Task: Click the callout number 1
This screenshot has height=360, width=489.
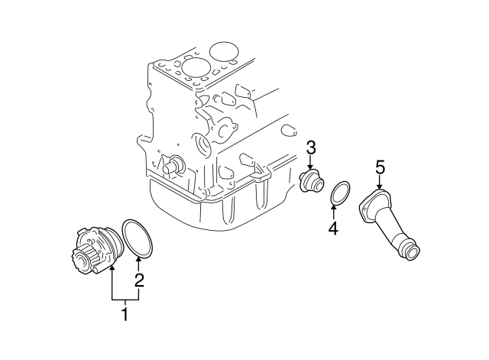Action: click(125, 313)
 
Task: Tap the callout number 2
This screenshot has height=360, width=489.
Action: click(139, 281)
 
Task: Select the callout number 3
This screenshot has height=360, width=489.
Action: click(311, 148)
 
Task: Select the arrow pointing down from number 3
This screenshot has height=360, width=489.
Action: click(311, 164)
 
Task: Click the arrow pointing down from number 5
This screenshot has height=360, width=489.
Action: click(380, 182)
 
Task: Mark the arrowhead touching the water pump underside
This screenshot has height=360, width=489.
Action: click(112, 267)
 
